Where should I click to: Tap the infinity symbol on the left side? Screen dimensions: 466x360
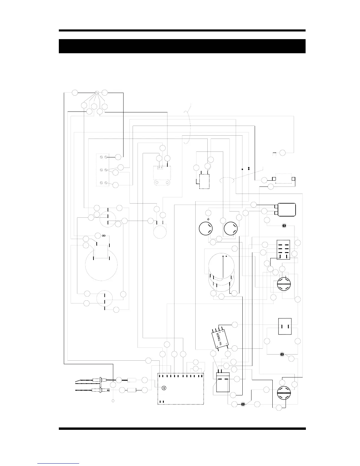(x=104, y=235)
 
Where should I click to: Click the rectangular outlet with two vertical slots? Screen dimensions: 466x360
(x=285, y=326)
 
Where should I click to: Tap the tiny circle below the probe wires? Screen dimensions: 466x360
(x=113, y=401)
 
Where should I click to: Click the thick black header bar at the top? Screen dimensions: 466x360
(x=182, y=46)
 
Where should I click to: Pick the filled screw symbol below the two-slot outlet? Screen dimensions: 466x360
(x=282, y=354)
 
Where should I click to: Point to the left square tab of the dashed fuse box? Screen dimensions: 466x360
(x=274, y=179)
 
